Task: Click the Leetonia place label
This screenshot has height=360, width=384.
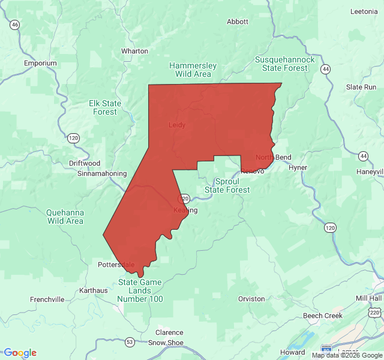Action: tap(364, 11)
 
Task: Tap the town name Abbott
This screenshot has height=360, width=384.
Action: tap(238, 22)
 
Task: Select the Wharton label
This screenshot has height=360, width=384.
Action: tap(134, 51)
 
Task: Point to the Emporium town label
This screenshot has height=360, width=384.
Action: tap(40, 63)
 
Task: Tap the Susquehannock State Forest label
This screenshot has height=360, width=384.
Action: tap(285, 64)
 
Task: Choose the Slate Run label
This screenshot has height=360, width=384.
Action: tap(361, 87)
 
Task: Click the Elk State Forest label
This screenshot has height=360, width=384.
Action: tap(105, 107)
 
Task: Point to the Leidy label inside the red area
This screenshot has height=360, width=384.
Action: tap(177, 125)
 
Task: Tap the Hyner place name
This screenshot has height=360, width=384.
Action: tap(298, 167)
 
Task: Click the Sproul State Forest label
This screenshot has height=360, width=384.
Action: tap(227, 185)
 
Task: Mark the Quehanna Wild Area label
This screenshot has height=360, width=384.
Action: tap(65, 217)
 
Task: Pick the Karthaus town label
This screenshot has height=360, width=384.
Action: tap(93, 290)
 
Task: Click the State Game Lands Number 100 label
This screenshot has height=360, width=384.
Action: tap(140, 290)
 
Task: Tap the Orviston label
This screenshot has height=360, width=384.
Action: tap(251, 298)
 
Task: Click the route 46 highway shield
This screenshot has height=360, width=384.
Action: tap(15, 25)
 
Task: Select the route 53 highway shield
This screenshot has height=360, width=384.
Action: tap(130, 342)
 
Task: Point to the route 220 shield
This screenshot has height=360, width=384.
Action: tap(375, 312)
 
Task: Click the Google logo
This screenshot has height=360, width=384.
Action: tap(20, 353)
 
